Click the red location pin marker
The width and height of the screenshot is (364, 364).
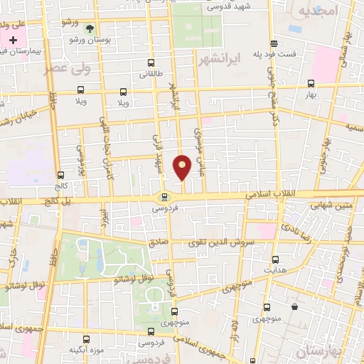pyautogui.click(x=183, y=168)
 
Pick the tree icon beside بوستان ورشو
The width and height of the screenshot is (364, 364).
pyautogui.click(x=90, y=29)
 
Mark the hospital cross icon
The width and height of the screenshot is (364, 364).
pyautogui.click(x=14, y=40)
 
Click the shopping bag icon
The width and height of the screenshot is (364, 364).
pyautogui.click(x=294, y=307)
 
